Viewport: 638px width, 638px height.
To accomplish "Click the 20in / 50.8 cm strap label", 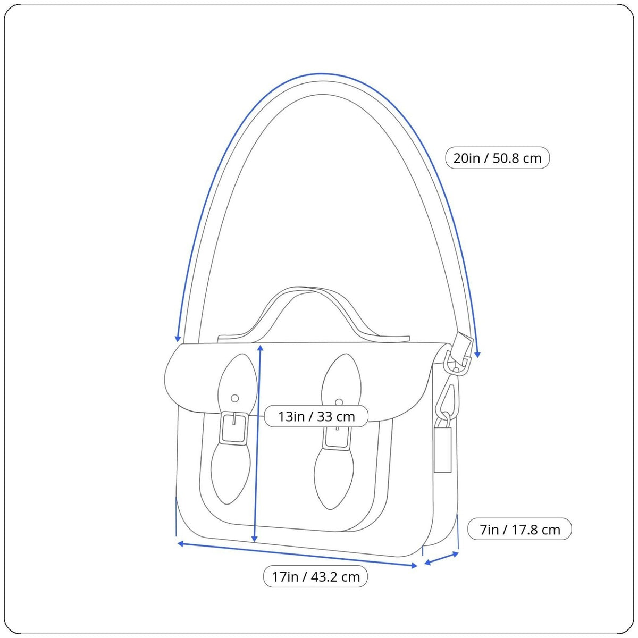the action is (497, 158).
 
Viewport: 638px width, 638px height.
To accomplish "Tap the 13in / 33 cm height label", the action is (316, 416).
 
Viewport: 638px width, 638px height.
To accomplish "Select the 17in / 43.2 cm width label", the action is (315, 577).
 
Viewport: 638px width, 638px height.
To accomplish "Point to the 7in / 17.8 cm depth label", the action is (519, 530).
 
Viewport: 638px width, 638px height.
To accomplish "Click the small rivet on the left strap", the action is (235, 398).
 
